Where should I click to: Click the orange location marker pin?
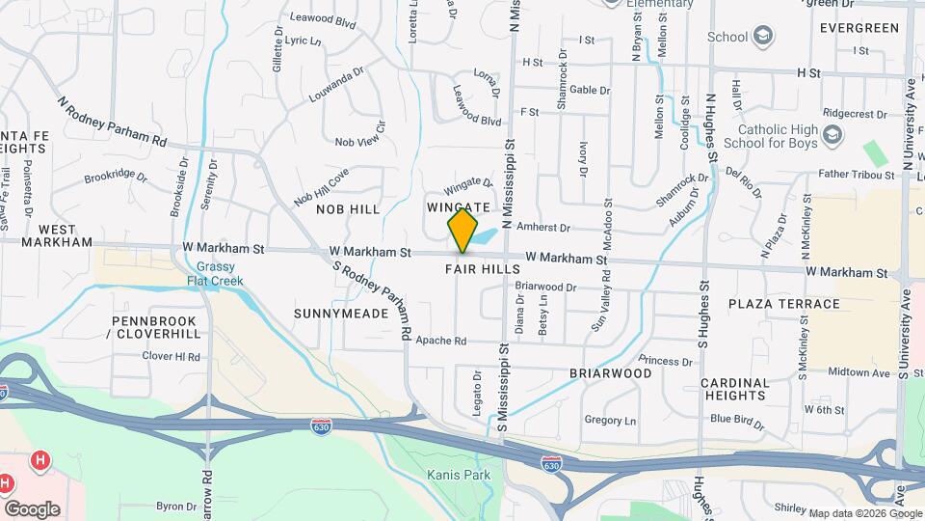tap(462, 231)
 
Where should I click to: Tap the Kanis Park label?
tap(459, 475)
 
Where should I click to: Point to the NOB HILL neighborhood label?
tap(348, 208)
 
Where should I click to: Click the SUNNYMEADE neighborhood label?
tap(333, 314)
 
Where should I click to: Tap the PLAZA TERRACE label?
tap(784, 304)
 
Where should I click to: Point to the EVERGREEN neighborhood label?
tap(860, 28)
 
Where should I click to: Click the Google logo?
tap(32, 508)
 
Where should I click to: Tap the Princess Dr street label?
tap(665, 361)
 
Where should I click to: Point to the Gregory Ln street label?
tap(610, 421)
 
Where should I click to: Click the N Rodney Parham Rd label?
tap(112, 121)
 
